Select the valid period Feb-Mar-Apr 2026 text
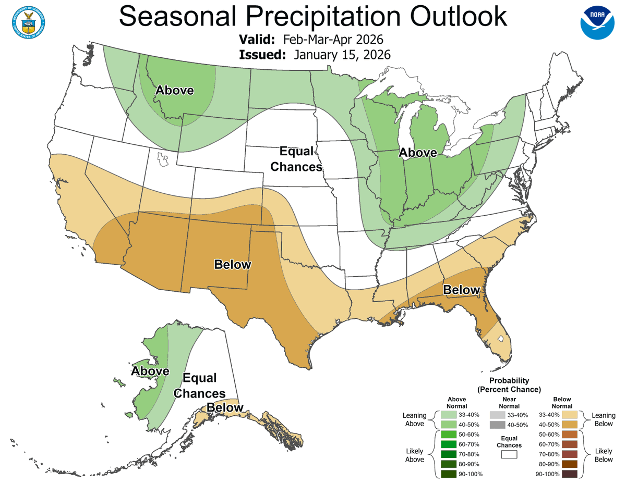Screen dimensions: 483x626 [333, 40]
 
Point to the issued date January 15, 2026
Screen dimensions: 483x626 [342, 55]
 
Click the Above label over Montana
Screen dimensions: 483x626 [174, 90]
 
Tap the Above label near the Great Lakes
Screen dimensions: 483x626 [418, 153]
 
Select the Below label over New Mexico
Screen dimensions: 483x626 [233, 265]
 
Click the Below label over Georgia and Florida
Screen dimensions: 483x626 [462, 290]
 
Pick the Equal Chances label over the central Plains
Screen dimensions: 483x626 [300, 159]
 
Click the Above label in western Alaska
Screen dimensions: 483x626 [150, 371]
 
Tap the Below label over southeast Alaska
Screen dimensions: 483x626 [225, 407]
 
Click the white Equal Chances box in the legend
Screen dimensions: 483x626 [509, 454]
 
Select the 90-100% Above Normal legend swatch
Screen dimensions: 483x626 [448, 474]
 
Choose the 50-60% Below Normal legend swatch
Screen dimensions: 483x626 [570, 434]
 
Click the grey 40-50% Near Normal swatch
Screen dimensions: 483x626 [498, 425]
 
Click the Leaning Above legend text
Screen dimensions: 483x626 [415, 419]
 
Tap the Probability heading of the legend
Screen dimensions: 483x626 [509, 381]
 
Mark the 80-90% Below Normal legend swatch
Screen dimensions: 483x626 [570, 464]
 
